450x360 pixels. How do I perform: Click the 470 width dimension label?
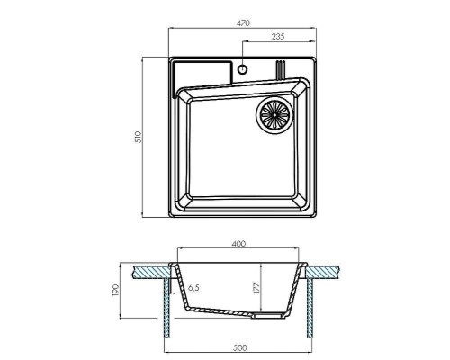click(243, 23)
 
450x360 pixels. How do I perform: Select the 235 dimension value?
click(278, 37)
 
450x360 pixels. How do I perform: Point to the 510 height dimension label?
click(138, 137)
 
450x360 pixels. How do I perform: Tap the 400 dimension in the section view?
click(238, 244)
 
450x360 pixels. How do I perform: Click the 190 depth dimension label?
click(116, 290)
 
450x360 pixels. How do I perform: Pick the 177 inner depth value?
click(256, 288)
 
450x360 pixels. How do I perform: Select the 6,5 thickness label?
click(193, 288)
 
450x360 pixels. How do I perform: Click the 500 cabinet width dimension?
click(240, 347)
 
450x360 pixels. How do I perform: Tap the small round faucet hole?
click(242, 69)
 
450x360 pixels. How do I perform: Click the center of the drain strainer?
click(274, 114)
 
